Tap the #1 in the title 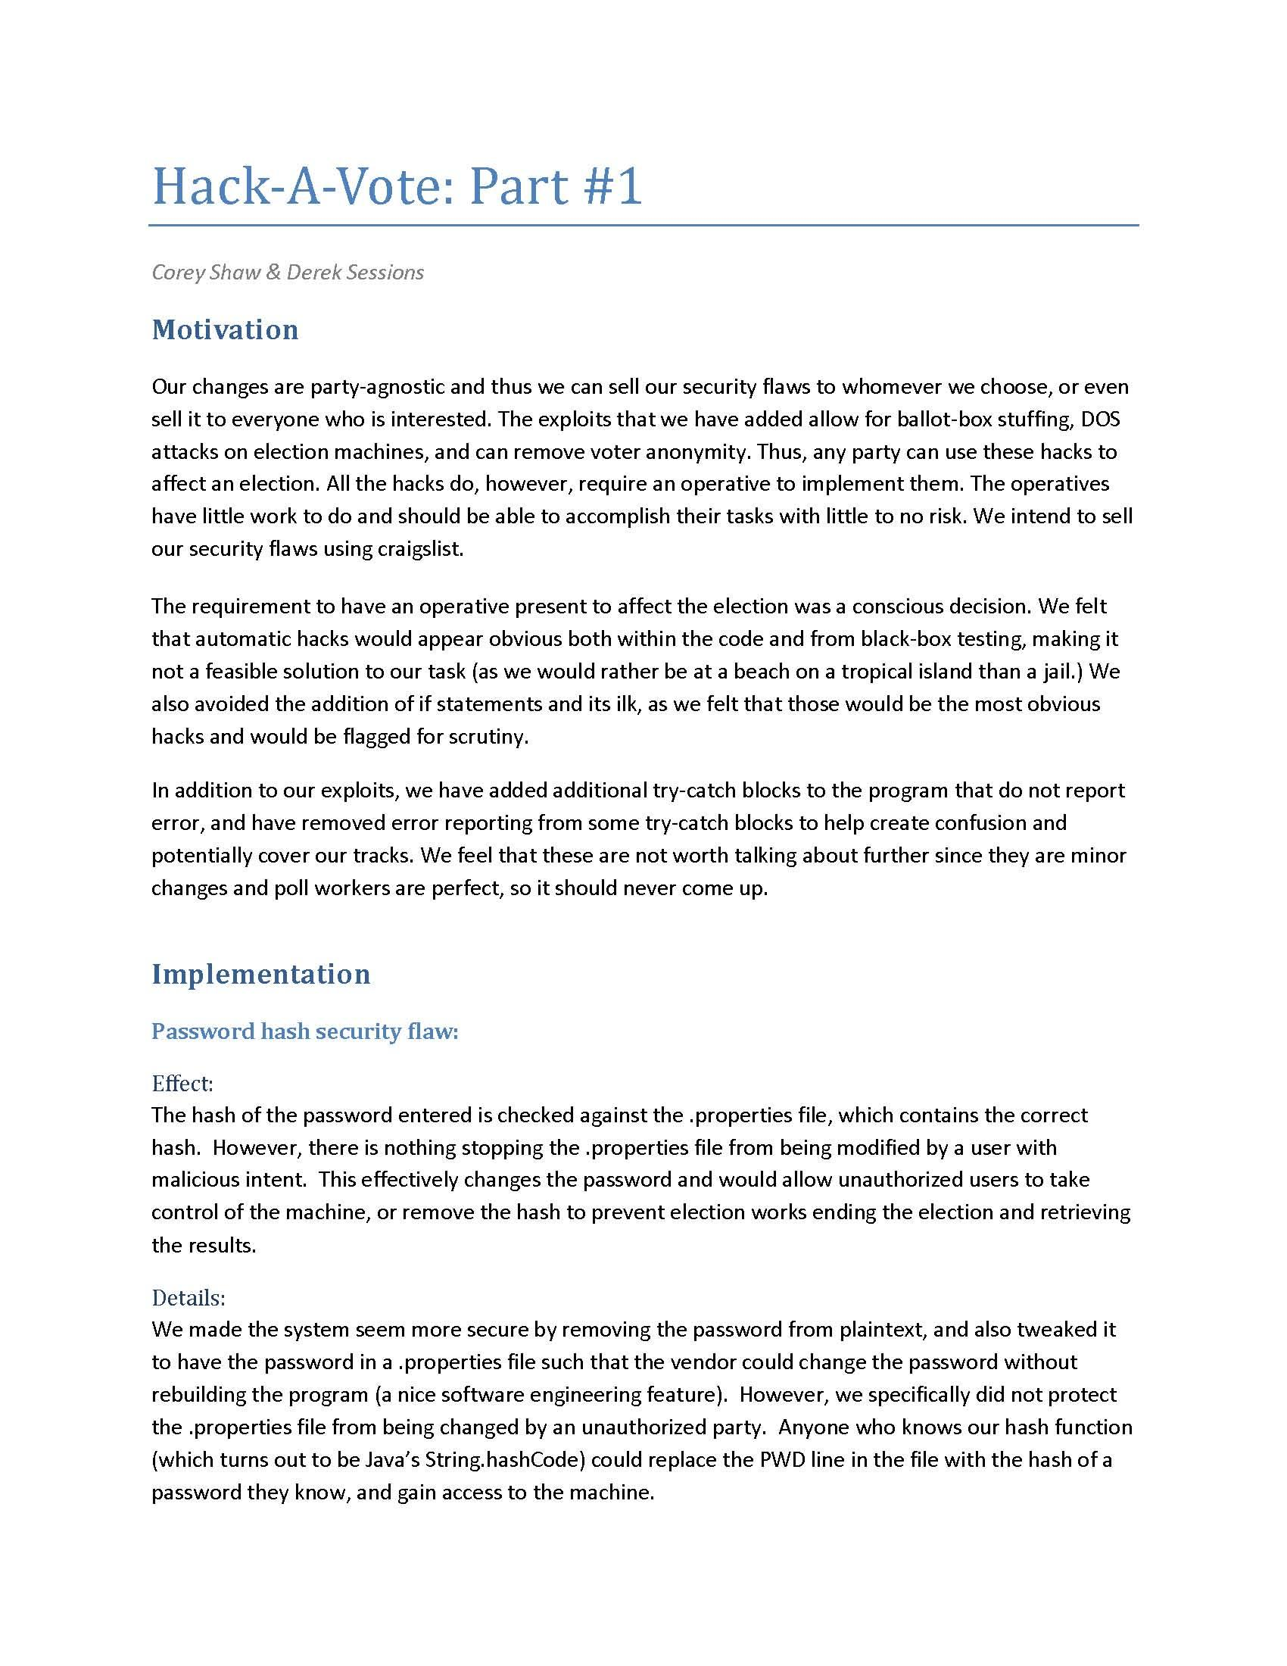coord(615,187)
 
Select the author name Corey coord(179,273)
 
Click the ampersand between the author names coord(273,273)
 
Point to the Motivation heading coord(225,329)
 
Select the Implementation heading coord(260,974)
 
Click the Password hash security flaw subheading coord(305,1031)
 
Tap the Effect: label coord(182,1083)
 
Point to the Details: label coord(189,1297)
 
